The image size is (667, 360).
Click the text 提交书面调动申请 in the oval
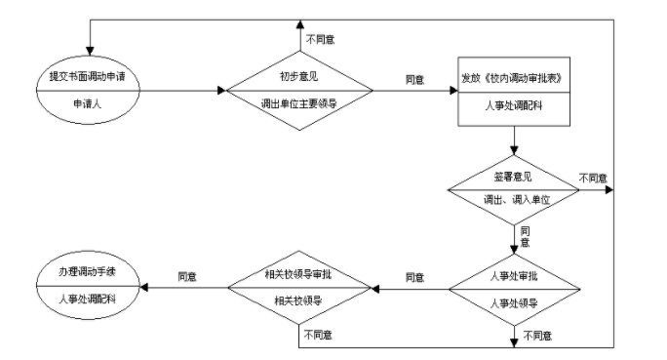90,78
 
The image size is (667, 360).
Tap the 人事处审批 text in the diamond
513,276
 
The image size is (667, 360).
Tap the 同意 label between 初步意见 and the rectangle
413,79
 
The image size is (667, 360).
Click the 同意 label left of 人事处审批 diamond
413,277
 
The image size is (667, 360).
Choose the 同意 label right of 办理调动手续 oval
186,277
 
